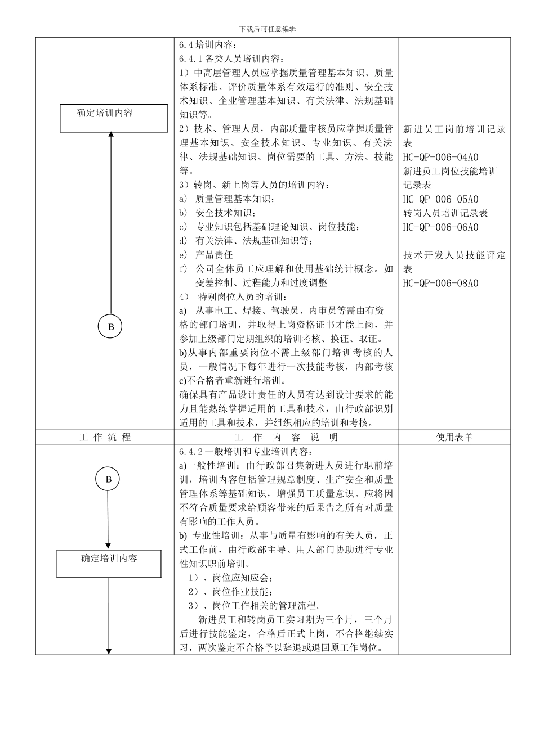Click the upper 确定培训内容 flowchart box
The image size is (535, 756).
coord(113,118)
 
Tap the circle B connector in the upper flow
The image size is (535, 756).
coord(111,326)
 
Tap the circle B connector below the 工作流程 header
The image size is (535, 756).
coord(109,479)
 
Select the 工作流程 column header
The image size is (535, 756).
coord(105,437)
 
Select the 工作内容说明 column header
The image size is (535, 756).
coord(286,437)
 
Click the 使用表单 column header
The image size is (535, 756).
coord(454,437)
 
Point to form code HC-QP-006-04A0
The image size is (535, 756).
coord(440,157)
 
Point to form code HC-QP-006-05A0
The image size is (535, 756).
coord(440,199)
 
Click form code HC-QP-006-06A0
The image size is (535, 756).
coord(440,227)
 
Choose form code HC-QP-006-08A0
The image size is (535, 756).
coord(440,283)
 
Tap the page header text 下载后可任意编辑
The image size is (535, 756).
coord(267,29)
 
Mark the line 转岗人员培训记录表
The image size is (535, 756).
coord(445,213)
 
